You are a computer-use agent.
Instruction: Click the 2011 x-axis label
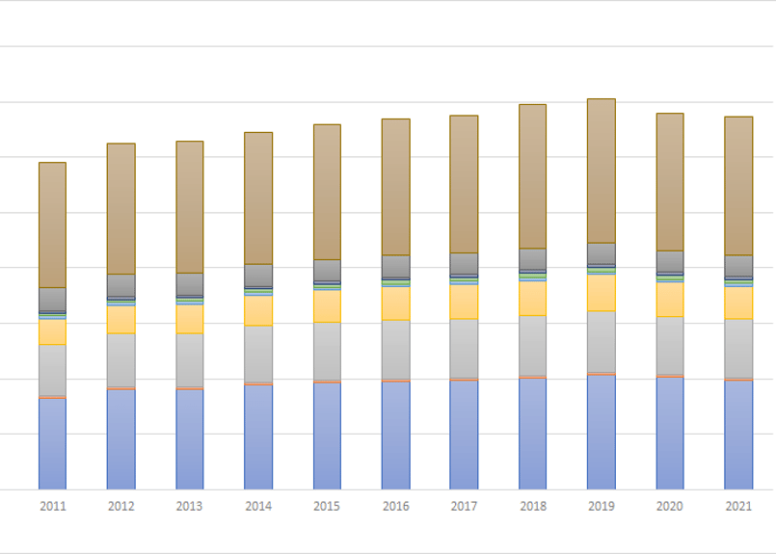pyautogui.click(x=52, y=507)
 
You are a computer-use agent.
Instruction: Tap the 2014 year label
pyautogui.click(x=258, y=507)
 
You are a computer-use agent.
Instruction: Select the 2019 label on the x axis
pyautogui.click(x=602, y=507)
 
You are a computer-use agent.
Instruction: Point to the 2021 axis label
pyautogui.click(x=738, y=507)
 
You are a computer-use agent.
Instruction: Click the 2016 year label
pyautogui.click(x=395, y=507)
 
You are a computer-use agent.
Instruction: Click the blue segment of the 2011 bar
pyautogui.click(x=52, y=443)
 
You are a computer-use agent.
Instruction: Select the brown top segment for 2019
pyautogui.click(x=602, y=171)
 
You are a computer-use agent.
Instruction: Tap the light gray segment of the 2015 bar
pyautogui.click(x=327, y=352)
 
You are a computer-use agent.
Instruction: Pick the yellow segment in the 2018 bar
pyautogui.click(x=533, y=298)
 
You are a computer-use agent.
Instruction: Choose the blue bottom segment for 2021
pyautogui.click(x=738, y=435)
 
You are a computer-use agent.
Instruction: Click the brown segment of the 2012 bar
pyautogui.click(x=120, y=209)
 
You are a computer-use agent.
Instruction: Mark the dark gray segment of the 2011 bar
pyautogui.click(x=52, y=300)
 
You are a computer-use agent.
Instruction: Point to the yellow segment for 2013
pyautogui.click(x=190, y=319)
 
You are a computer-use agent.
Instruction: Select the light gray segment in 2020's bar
pyautogui.click(x=670, y=346)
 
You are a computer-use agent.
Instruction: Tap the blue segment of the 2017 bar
pyautogui.click(x=464, y=435)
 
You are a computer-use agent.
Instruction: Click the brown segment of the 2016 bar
pyautogui.click(x=395, y=187)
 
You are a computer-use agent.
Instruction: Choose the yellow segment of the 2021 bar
pyautogui.click(x=738, y=303)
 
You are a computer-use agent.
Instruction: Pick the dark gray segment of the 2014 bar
pyautogui.click(x=258, y=276)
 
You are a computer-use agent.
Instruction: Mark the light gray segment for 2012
pyautogui.click(x=120, y=360)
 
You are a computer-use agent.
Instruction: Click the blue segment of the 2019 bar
pyautogui.click(x=602, y=432)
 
